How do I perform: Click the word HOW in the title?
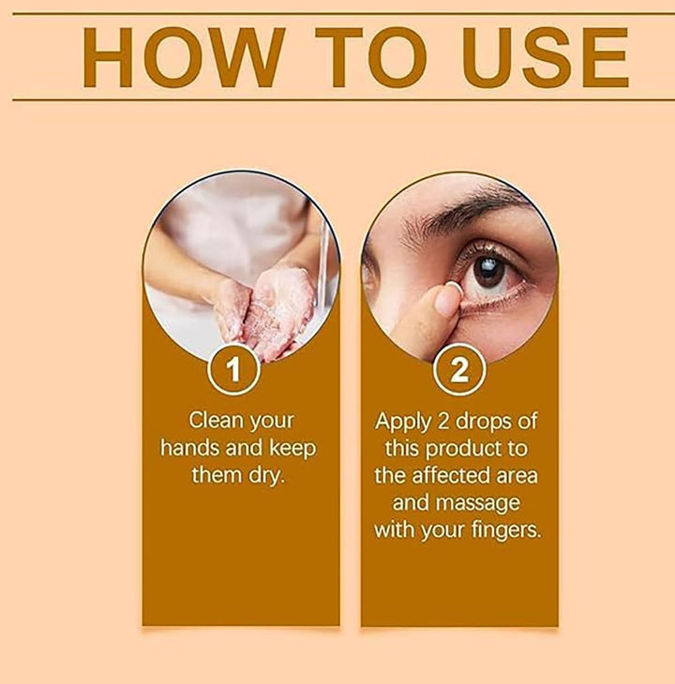click(x=183, y=57)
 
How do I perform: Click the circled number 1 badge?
click(x=233, y=369)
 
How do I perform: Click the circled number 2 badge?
click(x=459, y=369)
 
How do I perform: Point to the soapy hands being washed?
click(x=262, y=310)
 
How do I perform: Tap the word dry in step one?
click(x=266, y=476)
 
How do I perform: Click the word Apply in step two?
click(x=403, y=423)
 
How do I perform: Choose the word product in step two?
click(x=465, y=450)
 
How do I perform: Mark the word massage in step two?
click(x=477, y=504)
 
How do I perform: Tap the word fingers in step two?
click(x=506, y=531)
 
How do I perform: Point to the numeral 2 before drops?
click(x=442, y=422)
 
